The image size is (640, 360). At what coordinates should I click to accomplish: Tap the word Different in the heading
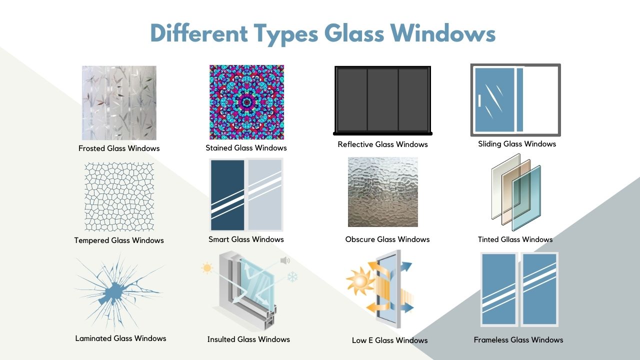click(199, 33)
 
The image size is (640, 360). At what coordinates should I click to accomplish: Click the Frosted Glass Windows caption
click(119, 148)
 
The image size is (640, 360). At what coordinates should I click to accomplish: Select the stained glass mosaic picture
click(246, 102)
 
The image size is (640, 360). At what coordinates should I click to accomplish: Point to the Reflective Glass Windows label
click(382, 144)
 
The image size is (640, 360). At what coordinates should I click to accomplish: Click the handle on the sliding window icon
click(479, 100)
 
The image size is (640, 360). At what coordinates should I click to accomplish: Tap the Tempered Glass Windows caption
click(119, 240)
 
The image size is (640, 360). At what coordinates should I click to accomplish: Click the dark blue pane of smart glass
click(227, 195)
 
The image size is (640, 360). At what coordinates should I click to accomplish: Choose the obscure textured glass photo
click(383, 192)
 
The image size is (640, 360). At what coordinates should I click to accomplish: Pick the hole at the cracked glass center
click(114, 292)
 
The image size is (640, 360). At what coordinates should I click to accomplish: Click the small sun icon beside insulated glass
click(207, 268)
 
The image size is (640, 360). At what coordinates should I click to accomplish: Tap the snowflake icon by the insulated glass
click(292, 277)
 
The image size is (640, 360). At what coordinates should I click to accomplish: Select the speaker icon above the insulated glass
click(285, 260)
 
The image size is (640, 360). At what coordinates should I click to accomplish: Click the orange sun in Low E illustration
click(359, 281)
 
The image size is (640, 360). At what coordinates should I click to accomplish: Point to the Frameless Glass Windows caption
click(518, 339)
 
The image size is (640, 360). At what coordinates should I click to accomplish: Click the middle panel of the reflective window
click(382, 99)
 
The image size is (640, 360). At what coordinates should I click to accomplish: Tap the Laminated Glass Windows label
click(120, 338)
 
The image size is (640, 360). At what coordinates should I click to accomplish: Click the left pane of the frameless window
click(499, 289)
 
